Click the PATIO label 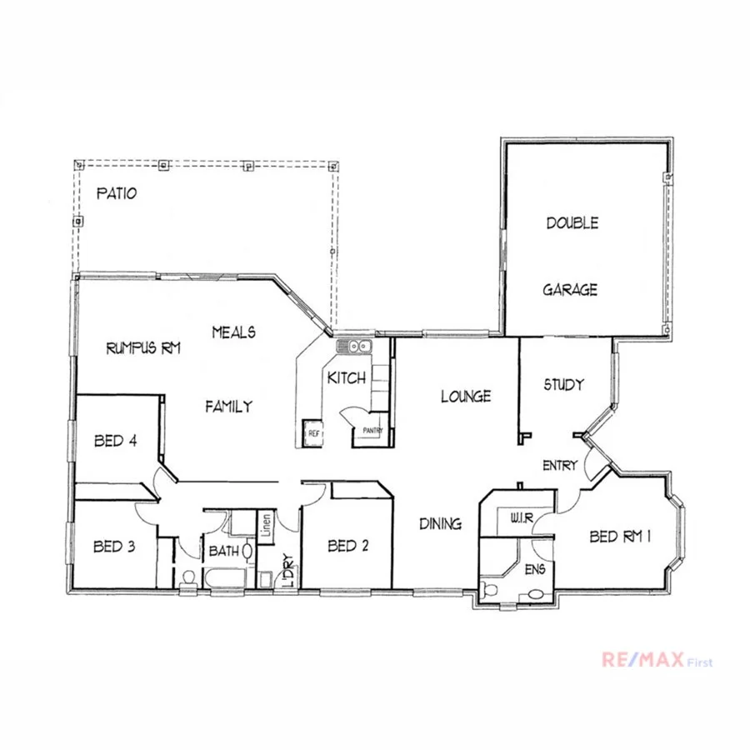(117, 194)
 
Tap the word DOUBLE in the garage (572, 223)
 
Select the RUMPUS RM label (143, 348)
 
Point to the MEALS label (233, 332)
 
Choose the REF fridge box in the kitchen (313, 433)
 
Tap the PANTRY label (372, 431)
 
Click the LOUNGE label (466, 397)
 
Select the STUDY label (563, 385)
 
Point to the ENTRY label (559, 466)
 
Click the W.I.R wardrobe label (521, 518)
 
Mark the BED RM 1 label (619, 537)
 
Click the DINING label (440, 524)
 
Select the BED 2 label (348, 547)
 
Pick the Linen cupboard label (265, 526)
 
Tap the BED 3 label (114, 547)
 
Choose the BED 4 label (115, 442)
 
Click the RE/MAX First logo (657, 662)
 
